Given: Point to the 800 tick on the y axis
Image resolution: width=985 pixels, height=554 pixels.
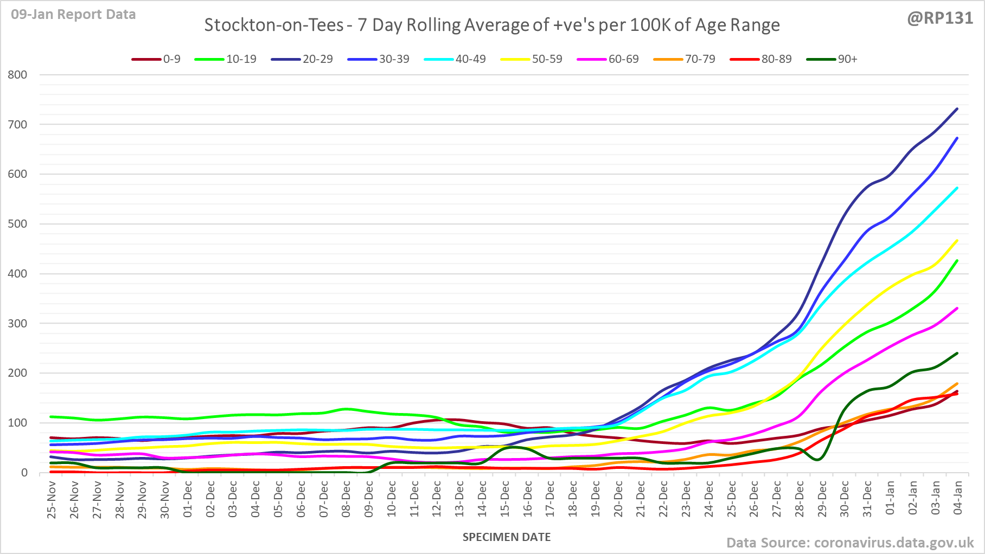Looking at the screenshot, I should pos(17,75).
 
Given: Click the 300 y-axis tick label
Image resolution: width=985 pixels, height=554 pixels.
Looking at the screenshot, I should pos(17,324).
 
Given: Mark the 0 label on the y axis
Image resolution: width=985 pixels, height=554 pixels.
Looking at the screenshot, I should pos(24,473).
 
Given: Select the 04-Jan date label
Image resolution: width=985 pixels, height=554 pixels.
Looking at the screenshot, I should pos(958,497).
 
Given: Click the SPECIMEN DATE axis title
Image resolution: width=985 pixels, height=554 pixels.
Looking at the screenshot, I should pos(507,537).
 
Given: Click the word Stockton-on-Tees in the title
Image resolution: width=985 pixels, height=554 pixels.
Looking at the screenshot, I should pos(274,25).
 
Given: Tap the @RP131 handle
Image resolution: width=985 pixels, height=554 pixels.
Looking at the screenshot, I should pos(940,18).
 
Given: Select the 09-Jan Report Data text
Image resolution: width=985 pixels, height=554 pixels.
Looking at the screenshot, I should pos(73,15).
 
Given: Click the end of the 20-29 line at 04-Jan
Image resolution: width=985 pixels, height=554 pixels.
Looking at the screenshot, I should pos(957,109).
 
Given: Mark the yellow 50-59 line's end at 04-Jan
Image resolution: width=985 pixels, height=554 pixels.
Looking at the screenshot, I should pos(957,241).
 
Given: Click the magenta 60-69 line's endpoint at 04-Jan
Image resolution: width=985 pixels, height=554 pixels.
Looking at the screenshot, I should pos(957,308).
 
